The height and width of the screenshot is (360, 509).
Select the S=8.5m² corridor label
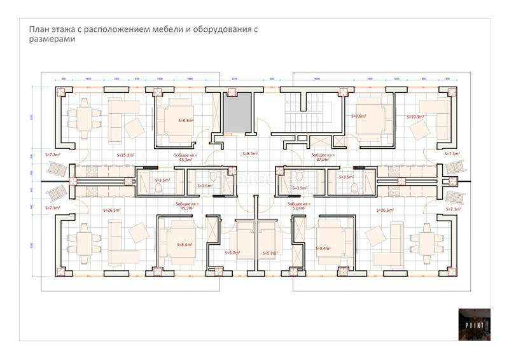tap(250, 154)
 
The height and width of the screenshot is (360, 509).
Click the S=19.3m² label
tap(415, 117)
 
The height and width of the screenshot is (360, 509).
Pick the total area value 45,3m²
tap(186, 160)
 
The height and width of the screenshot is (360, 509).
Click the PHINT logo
tap(475, 325)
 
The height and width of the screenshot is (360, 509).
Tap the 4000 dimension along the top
tap(317, 78)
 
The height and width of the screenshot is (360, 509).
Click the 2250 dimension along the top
tap(234, 78)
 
